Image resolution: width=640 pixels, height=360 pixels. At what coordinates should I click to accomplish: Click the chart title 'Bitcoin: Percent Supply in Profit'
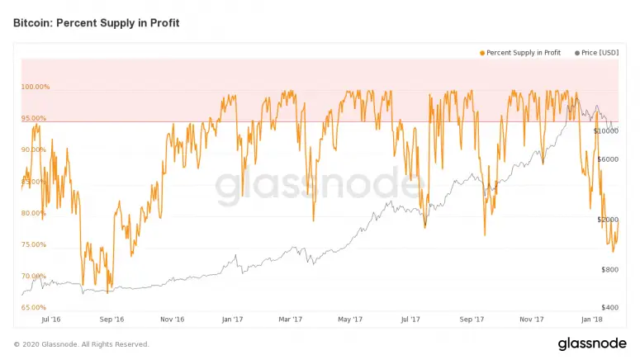(96, 23)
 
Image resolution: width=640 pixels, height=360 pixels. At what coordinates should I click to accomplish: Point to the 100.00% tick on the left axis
(35, 87)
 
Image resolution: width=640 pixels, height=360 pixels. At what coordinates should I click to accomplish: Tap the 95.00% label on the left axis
(35, 118)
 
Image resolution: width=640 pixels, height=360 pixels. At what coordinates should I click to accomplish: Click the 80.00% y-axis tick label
(35, 213)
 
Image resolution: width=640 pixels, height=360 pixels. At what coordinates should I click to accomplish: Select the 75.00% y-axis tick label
(35, 244)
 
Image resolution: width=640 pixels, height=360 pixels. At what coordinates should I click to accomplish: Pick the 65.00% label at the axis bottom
(35, 307)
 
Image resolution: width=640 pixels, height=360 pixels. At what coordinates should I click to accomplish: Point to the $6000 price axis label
(608, 159)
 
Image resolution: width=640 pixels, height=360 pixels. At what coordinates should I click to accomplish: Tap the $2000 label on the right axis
(608, 220)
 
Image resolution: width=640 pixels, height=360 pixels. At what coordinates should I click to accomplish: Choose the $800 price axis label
(609, 270)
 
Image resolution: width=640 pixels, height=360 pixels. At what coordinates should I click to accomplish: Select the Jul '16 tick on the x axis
(51, 319)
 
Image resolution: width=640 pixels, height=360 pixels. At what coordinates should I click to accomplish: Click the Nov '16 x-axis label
(172, 319)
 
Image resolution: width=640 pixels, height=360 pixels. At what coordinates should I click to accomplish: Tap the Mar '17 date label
(291, 319)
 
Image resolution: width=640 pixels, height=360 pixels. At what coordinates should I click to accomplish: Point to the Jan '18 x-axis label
(591, 319)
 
